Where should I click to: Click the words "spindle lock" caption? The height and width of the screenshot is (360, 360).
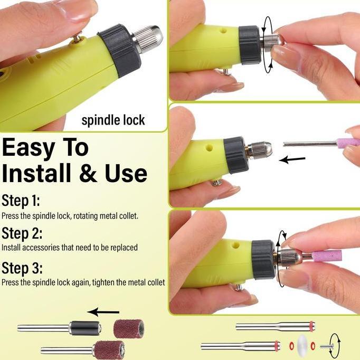pos(113,120)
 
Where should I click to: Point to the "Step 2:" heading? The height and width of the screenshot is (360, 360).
pos(22,233)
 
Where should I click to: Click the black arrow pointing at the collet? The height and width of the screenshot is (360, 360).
pos(292,159)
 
